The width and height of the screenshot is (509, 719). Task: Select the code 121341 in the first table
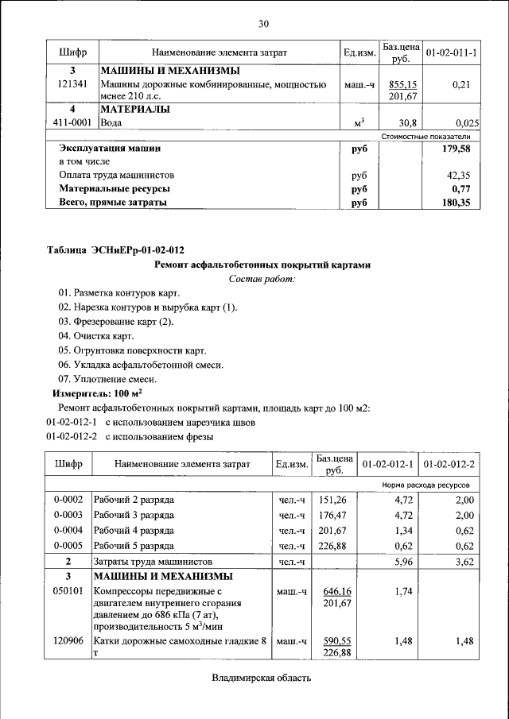coord(72,83)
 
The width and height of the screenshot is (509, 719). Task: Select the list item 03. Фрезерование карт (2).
coord(115,322)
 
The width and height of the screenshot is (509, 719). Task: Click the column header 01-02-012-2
coord(449,464)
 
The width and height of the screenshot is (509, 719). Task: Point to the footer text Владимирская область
coord(261,678)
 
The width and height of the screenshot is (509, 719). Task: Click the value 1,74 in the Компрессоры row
coord(404,592)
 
